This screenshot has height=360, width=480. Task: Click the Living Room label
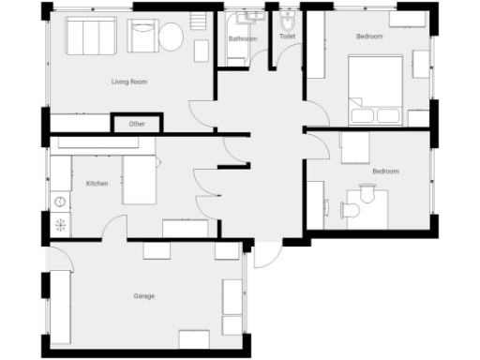129,82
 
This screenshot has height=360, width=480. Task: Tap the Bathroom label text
243,39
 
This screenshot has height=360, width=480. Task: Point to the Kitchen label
97,184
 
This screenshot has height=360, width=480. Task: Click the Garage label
143,296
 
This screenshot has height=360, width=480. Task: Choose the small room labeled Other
137,124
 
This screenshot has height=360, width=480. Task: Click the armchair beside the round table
143,37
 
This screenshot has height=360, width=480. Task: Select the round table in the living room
171,39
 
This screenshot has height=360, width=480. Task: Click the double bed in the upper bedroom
375,89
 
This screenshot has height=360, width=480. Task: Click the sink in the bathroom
251,18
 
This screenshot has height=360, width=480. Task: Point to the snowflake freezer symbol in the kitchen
62,224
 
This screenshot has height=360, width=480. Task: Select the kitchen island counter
142,180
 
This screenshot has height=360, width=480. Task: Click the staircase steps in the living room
198,21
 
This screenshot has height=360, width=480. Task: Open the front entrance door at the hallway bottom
266,254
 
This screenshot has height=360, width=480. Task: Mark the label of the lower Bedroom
385,172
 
